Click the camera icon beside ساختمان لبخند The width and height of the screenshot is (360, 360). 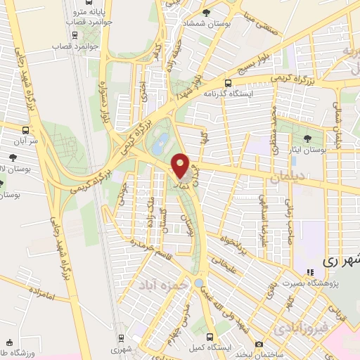259,344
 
